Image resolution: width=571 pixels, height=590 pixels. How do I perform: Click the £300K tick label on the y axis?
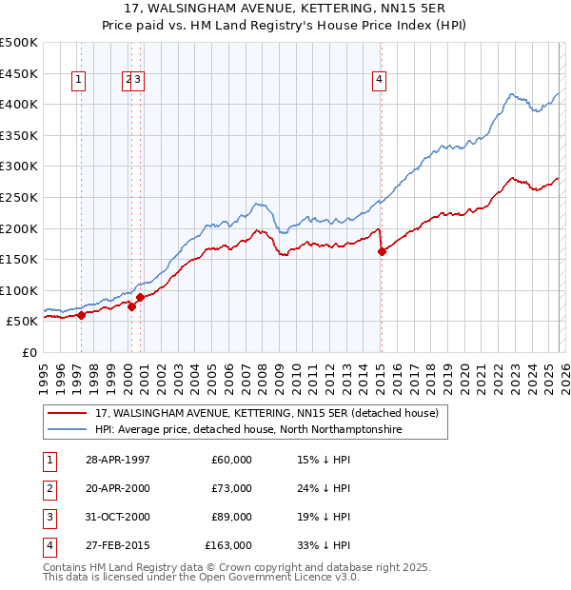19,167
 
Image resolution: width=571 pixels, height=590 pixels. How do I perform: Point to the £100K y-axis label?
19,290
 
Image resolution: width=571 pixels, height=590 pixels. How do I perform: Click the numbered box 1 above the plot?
76,81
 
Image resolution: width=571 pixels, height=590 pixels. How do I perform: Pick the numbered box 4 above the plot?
379,81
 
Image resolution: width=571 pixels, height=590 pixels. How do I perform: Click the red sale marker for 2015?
382,251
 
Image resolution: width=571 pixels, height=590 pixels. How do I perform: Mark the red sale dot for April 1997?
82,315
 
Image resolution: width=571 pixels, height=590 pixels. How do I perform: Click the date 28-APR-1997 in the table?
117,460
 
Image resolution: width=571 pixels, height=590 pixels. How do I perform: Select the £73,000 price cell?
232,488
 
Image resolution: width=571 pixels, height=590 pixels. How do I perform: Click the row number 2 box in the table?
49,488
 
